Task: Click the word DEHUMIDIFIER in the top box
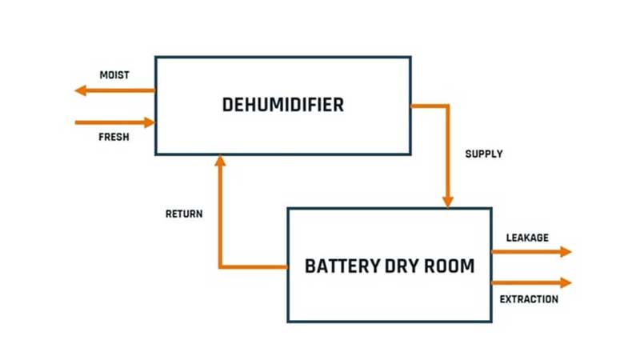coord(283,105)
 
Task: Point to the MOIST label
coord(114,75)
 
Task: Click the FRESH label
coord(114,138)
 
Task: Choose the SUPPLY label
coord(484,154)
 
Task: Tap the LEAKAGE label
coord(527,237)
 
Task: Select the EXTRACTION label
coord(529,299)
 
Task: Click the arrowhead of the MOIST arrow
coord(80,90)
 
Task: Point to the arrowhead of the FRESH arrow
coord(149,122)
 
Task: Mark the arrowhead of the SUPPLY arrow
coord(449,201)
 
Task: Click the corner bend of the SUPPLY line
coord(449,106)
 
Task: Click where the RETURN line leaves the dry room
coord(287,266)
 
